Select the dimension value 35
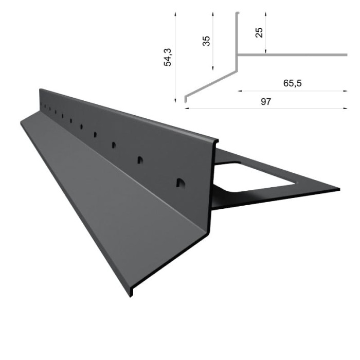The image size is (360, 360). coord(206,41)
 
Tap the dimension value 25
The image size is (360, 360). coord(259,32)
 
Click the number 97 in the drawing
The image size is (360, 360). coord(265,101)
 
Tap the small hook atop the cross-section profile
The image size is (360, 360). coord(238,13)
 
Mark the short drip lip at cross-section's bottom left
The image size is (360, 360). coord(185,98)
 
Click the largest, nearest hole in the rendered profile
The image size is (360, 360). coord(179,183)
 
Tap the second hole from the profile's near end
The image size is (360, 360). coord(139,160)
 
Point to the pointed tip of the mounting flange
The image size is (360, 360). coord(338,189)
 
